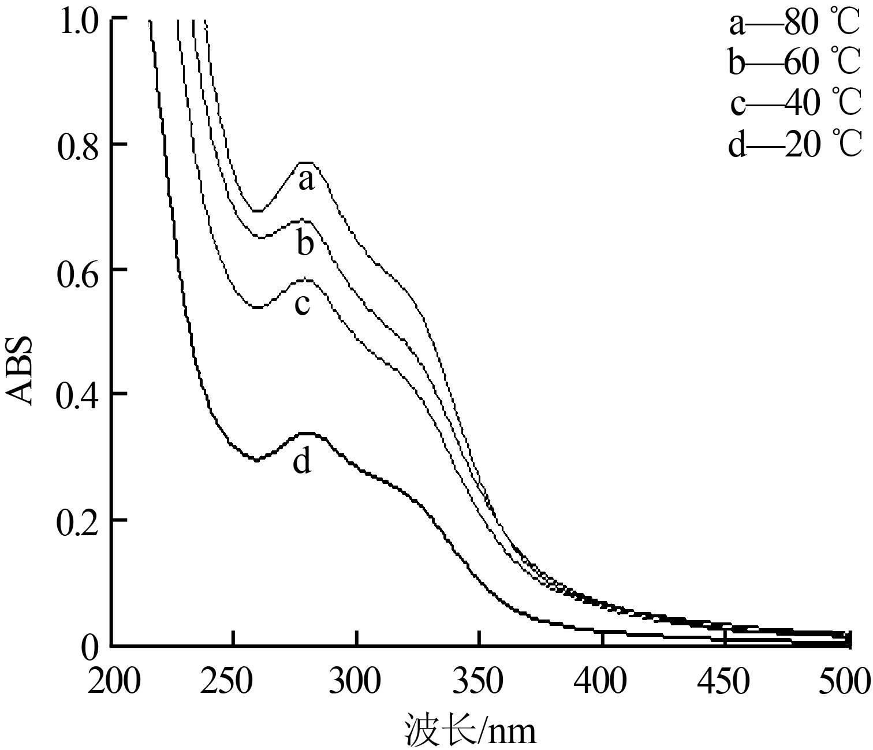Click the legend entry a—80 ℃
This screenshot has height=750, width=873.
pyautogui.click(x=794, y=24)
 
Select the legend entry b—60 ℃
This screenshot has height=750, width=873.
pyautogui.click(x=794, y=62)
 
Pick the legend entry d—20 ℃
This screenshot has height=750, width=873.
pyautogui.click(x=794, y=144)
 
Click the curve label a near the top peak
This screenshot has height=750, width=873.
pyautogui.click(x=307, y=181)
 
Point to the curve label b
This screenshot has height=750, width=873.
pyautogui.click(x=305, y=244)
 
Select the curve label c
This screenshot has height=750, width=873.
pyautogui.click(x=302, y=305)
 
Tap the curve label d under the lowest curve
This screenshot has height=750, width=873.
pyautogui.click(x=302, y=462)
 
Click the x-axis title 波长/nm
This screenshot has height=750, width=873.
pyautogui.click(x=469, y=730)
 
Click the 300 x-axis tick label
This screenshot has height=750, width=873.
pyautogui.click(x=356, y=682)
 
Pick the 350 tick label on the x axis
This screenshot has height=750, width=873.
pyautogui.click(x=478, y=682)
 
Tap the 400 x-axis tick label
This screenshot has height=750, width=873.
pyautogui.click(x=600, y=682)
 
